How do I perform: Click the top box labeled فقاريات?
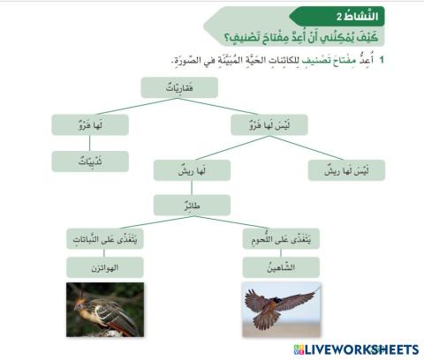click(179, 87)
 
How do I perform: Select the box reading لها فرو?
click(89, 124)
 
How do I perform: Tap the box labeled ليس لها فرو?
click(269, 124)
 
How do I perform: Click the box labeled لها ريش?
click(192, 170)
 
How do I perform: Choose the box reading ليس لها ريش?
click(345, 170)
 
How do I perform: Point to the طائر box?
click(192, 205)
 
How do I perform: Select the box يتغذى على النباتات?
click(105, 238)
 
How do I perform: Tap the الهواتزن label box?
click(105, 266)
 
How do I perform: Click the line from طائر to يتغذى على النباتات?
click(148, 221)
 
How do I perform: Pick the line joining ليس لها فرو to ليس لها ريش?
click(307, 147)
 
